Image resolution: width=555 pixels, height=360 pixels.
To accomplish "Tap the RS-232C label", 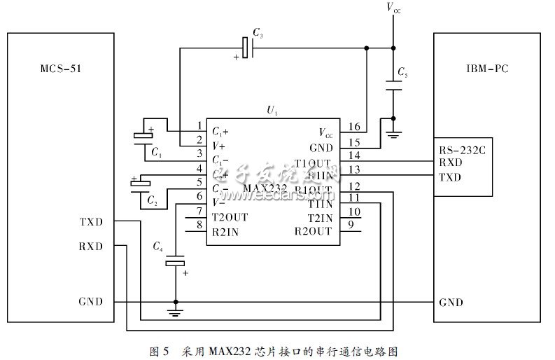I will pos(461,150).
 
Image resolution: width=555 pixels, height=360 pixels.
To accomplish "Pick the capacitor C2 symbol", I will pos(141,184).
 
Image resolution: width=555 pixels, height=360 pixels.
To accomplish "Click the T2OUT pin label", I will pos(229,217).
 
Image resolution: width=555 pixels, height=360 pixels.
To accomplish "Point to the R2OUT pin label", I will pos(313,231).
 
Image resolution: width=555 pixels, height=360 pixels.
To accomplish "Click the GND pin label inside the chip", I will pos(321,148).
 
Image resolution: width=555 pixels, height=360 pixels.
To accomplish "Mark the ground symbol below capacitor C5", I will pos(393,133).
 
